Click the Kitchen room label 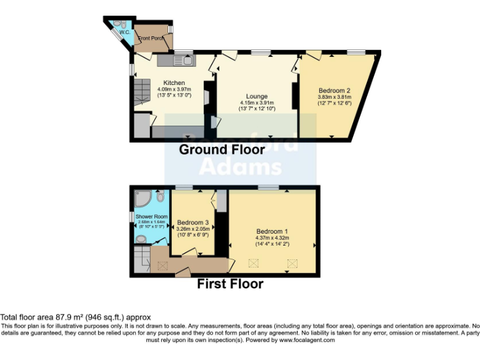click(174, 83)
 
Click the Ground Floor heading click(221, 150)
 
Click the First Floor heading click(230, 284)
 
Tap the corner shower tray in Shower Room click(142, 200)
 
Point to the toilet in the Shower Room click(161, 197)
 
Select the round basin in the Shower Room click(140, 239)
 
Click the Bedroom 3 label click(192, 222)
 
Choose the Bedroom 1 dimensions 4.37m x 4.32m click(272, 237)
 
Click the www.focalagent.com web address click(306, 340)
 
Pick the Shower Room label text click(148, 216)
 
